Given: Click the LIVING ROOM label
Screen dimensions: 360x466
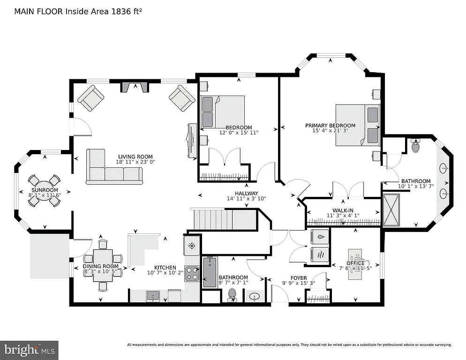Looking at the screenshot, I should pos(135,157).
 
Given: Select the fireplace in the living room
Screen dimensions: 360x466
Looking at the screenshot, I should pos(134,87).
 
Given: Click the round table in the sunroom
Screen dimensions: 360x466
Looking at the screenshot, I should pos(45,191).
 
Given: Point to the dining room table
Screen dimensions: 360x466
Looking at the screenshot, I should pos(103,264).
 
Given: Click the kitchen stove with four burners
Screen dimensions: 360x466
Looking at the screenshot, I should pos(192,273).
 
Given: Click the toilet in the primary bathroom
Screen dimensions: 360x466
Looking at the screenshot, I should pos(415,146).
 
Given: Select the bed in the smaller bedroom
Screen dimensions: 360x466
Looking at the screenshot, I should pos(222,112).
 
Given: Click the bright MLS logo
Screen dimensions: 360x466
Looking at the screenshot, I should pos(29,350).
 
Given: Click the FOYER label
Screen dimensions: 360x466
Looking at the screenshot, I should pos(298,277).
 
